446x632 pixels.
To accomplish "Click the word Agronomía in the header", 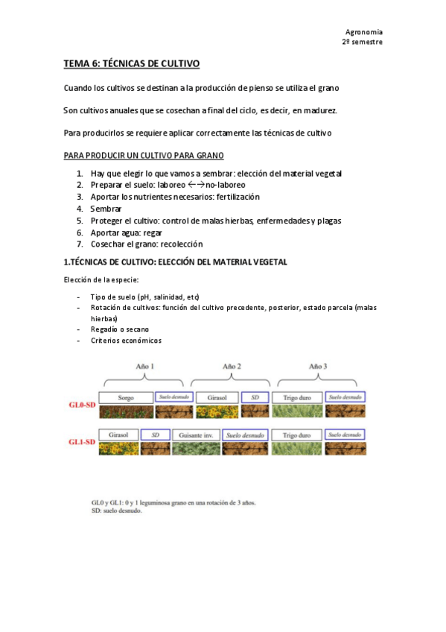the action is coord(364,32).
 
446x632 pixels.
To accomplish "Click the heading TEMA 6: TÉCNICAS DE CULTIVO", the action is coord(132,65).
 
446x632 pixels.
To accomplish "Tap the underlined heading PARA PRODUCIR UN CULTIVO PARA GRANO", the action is coord(144,156).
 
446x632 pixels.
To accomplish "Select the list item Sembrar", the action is coord(106,209).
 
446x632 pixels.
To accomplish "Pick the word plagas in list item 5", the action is coord(328,221).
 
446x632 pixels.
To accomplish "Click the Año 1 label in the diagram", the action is coord(145,366).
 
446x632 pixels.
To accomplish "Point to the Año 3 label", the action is coord(319,366).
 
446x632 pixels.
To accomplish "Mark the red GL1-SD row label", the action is coord(82,441).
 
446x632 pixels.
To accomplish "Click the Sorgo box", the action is coord(126,397).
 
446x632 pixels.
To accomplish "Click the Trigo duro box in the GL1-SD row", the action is coord(296,434).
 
